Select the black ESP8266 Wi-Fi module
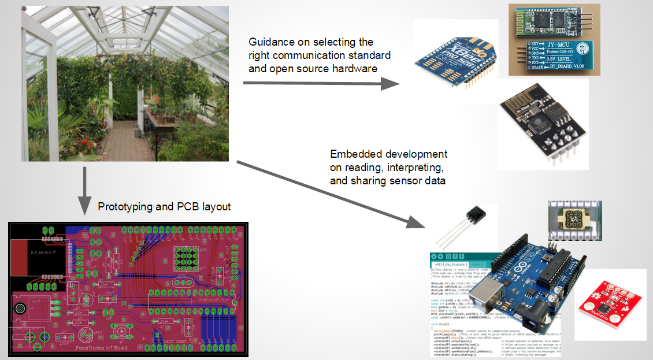pos(537,118)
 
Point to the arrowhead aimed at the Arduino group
pos(418,221)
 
